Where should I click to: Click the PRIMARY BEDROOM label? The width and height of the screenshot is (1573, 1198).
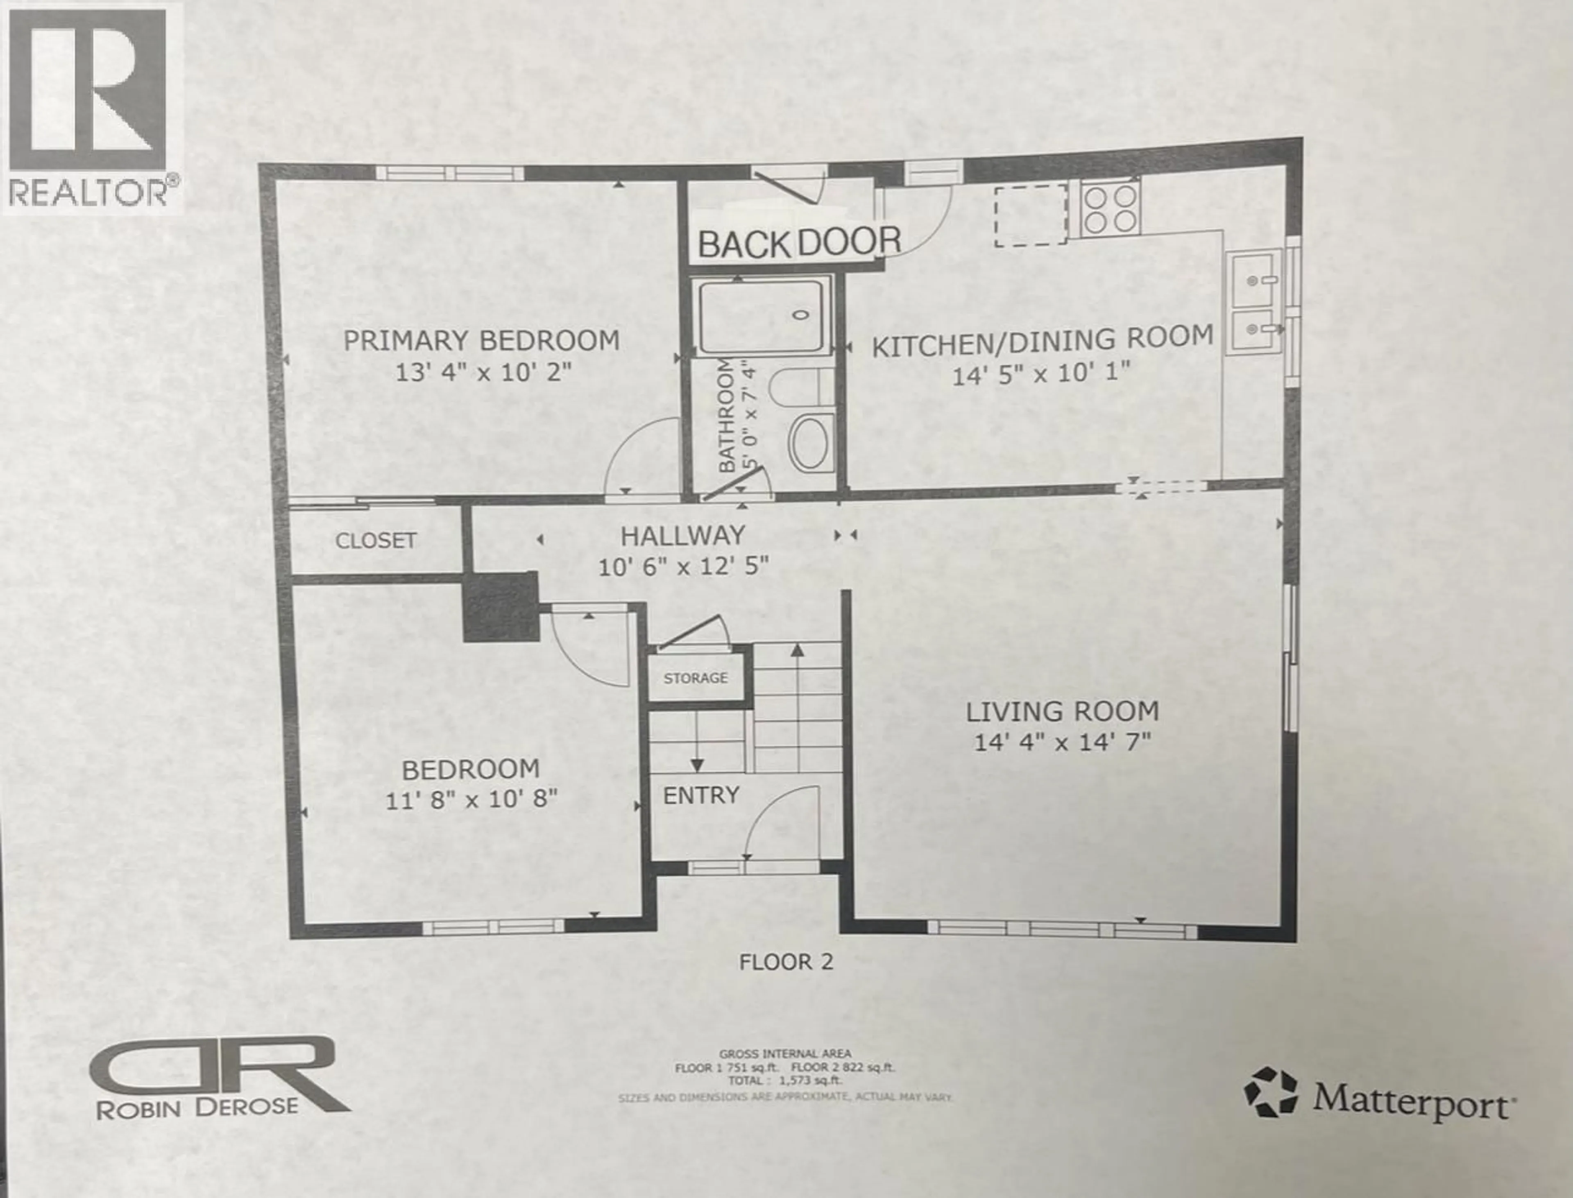(x=481, y=341)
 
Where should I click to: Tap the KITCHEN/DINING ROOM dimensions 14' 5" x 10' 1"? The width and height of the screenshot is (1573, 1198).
(x=1041, y=374)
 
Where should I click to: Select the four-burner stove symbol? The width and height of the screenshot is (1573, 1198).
(x=1110, y=208)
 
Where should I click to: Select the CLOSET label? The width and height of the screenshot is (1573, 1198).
(x=376, y=541)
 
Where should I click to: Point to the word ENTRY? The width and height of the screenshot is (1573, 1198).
(x=701, y=795)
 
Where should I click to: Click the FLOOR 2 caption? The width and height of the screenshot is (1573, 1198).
(x=786, y=962)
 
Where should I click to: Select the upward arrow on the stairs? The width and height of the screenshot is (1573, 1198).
(x=797, y=650)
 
